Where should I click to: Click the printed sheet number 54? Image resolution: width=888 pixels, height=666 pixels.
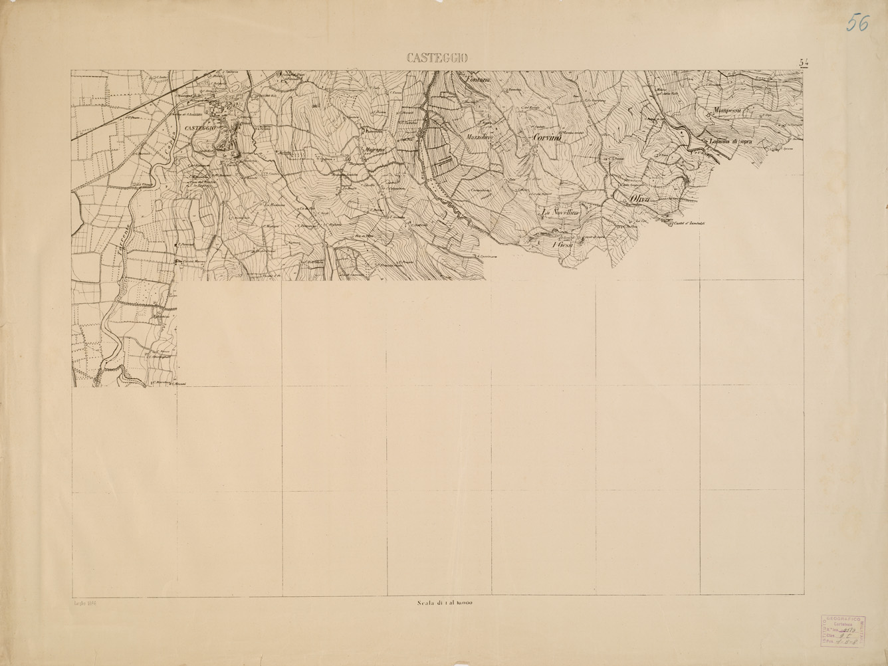[804, 62]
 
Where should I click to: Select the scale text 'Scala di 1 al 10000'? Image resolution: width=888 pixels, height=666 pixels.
[445, 604]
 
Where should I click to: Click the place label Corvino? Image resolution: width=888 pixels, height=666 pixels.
[548, 137]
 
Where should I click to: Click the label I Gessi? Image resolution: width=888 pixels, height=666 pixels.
[563, 245]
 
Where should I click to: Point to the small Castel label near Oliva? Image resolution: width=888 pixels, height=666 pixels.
[687, 223]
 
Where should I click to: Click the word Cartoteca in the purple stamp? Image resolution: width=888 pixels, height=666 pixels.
[842, 625]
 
